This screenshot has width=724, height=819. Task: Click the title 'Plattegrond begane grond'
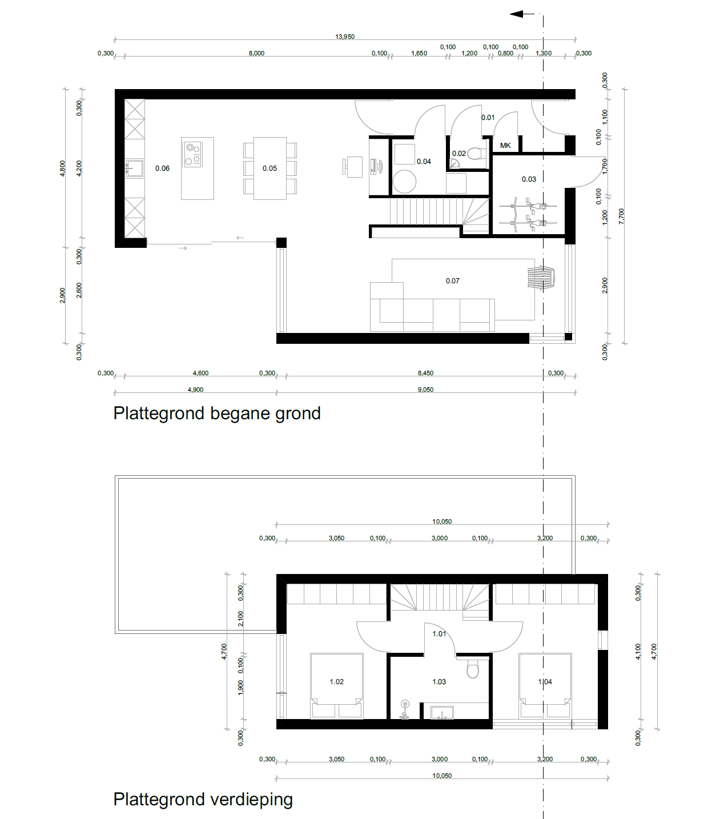point(216,413)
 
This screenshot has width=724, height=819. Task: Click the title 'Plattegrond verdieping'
point(203,799)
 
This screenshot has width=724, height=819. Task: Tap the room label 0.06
point(162,168)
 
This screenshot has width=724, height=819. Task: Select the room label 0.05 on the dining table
point(270,168)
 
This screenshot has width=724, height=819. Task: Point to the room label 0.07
point(452,281)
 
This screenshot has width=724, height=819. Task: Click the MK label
point(505,146)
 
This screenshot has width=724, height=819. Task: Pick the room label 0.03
point(529,179)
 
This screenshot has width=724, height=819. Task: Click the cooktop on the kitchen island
point(193,154)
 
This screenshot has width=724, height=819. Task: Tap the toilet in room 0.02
point(477,153)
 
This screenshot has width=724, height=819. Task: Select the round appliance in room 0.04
point(404,182)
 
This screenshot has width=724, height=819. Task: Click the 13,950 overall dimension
point(345,37)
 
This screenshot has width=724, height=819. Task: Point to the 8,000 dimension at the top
point(256,53)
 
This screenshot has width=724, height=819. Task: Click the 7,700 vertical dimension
point(622,216)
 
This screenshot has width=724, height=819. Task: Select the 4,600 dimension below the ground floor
point(200,373)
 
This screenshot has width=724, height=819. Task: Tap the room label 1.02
point(336,682)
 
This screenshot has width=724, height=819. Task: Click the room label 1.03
point(439,682)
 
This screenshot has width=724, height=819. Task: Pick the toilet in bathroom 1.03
point(473,668)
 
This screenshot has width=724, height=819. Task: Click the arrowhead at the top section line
point(517,14)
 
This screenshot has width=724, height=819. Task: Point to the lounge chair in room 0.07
point(541,278)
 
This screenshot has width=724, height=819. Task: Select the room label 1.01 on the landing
point(439,634)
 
